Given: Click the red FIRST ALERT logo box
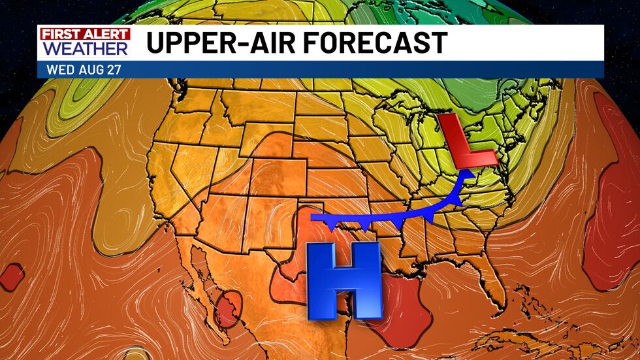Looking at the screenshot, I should tap(84, 34).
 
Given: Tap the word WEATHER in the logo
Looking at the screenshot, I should tap(84, 48).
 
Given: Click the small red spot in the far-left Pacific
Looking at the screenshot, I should tap(12, 276).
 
